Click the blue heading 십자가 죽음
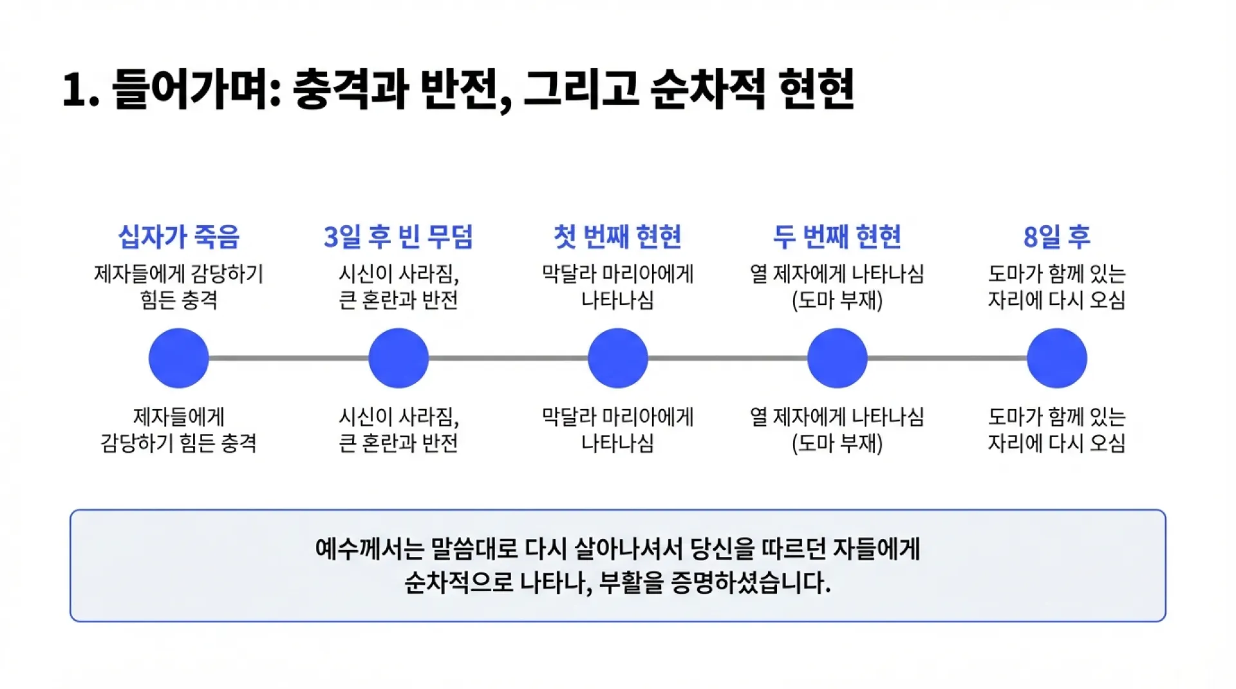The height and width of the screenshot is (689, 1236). pos(179,237)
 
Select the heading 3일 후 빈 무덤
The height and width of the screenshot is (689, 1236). pos(398,237)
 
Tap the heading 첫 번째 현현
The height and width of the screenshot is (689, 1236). pos(617,237)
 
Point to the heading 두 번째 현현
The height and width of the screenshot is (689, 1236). pos(837,237)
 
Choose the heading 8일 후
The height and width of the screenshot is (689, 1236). pos(1056,237)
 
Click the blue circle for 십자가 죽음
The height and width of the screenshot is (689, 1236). pos(179,358)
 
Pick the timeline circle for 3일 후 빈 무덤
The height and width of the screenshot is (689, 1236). pos(398,358)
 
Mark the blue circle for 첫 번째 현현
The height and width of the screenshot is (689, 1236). pos(618,358)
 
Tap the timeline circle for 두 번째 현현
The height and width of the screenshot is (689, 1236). pos(838,358)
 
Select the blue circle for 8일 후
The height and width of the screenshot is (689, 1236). pos(1057,358)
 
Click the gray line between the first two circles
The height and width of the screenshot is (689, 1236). pos(288,358)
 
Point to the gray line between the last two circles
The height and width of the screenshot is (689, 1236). pos(947,358)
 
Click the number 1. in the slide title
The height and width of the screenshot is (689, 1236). pos(80,90)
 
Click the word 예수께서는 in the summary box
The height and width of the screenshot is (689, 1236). pos(370,549)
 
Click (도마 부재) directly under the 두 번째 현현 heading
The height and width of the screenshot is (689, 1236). pos(837,300)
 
